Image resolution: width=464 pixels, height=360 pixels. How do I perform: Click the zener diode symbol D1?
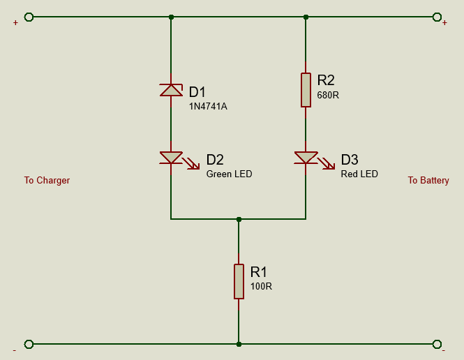point(171,90)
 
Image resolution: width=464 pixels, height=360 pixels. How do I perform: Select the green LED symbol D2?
point(171,158)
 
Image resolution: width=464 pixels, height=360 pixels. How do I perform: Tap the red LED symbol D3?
point(306,158)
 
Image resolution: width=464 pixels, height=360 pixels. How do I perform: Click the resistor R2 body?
point(306,89)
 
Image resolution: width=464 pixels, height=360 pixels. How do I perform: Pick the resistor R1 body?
point(239,281)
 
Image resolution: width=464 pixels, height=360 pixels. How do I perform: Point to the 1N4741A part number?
point(208,107)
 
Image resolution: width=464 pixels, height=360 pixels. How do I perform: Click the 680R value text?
point(327,95)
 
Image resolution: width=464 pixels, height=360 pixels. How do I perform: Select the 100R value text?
point(261,286)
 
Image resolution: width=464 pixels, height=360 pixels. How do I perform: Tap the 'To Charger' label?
point(47,181)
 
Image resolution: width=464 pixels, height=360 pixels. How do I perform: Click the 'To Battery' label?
point(428,181)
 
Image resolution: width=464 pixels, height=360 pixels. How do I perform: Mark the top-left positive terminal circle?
point(29,17)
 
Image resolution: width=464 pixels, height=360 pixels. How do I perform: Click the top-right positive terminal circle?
point(437,17)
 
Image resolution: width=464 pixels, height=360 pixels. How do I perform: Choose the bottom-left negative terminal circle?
point(29,344)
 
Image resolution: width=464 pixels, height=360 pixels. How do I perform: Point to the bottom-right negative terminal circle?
point(437,344)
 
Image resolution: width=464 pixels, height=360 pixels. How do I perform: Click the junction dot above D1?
point(171,17)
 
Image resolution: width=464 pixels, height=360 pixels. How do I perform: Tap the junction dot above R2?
point(306,17)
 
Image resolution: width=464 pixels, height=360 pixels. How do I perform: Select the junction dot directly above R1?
point(239,219)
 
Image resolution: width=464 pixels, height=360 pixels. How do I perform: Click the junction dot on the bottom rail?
point(239,344)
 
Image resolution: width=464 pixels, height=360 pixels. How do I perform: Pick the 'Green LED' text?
point(229,174)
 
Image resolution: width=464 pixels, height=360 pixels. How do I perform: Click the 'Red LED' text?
point(359,174)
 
